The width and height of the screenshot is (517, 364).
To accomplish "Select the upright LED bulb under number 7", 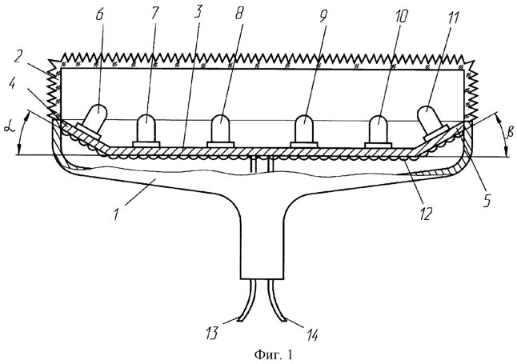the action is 146,130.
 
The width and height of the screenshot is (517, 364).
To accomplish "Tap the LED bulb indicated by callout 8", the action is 221,130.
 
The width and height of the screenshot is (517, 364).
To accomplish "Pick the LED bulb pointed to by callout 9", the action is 304,130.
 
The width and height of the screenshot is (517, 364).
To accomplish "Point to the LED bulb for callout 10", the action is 379,130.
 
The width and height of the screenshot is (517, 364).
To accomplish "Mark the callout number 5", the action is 487,199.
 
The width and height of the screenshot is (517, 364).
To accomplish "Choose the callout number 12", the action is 426,214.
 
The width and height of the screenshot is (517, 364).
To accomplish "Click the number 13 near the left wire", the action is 211,334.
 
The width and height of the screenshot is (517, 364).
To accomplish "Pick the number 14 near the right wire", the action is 311,334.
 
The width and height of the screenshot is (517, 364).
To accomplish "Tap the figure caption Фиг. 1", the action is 273,355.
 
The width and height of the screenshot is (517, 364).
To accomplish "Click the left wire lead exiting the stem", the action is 247,301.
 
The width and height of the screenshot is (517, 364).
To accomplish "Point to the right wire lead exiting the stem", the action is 277,301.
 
